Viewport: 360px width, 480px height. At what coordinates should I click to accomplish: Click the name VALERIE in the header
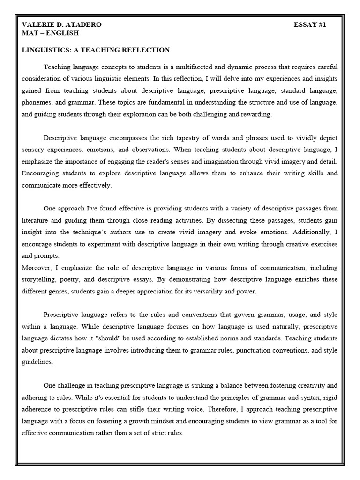37,25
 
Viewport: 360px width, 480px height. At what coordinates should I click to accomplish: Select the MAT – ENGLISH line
50,33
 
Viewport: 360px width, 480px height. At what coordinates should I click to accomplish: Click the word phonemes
37,102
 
